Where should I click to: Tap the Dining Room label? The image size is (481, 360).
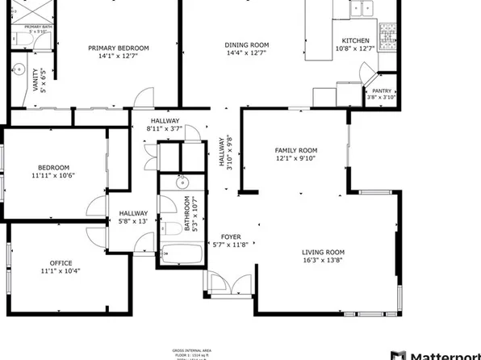247,49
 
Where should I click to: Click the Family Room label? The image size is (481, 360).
296,154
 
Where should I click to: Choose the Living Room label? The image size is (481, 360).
323,256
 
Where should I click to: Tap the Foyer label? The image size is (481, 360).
230,241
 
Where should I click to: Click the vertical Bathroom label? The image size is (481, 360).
190,215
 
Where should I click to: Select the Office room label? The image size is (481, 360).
61,267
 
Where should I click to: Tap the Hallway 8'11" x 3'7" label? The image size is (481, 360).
164,125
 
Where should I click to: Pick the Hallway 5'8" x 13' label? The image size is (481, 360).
132,216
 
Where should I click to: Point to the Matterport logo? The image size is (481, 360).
437,354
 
